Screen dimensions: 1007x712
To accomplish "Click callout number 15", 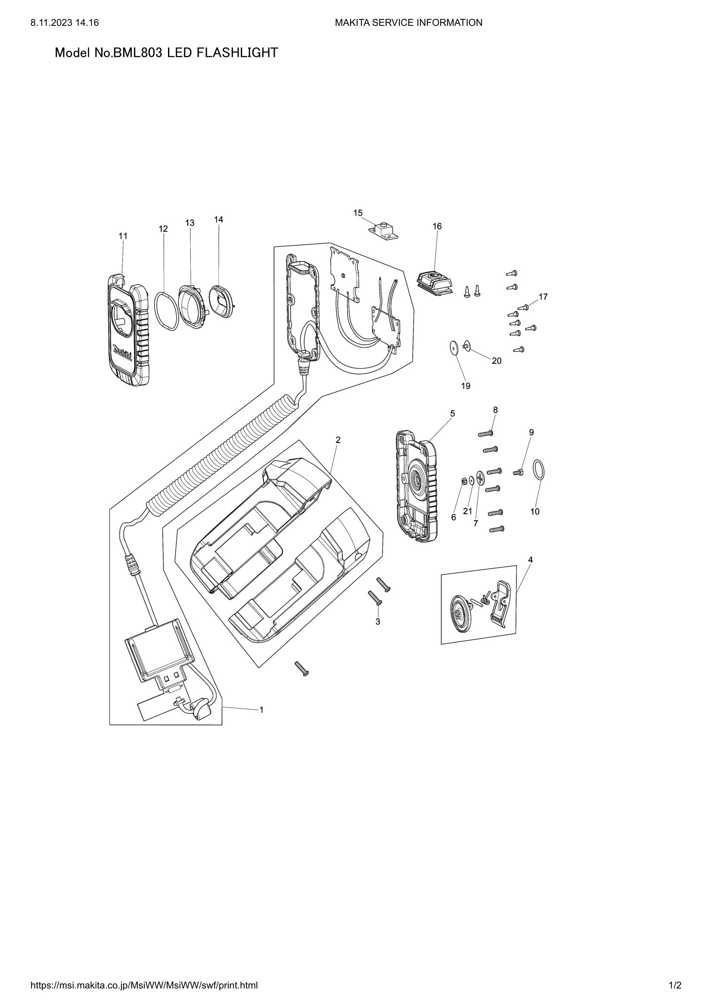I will click(358, 213).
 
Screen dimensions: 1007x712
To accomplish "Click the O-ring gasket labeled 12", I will click(166, 311).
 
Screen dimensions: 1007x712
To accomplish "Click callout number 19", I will click(466, 386).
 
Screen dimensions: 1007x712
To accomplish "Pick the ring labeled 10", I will click(539, 471).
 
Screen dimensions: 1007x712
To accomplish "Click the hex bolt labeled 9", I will click(518, 472).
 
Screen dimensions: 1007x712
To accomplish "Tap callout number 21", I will click(468, 511).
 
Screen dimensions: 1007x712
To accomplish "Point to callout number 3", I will click(378, 622).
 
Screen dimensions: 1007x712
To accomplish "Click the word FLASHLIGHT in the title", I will click(237, 53).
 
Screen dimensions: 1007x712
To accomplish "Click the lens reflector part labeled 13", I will click(192, 305).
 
